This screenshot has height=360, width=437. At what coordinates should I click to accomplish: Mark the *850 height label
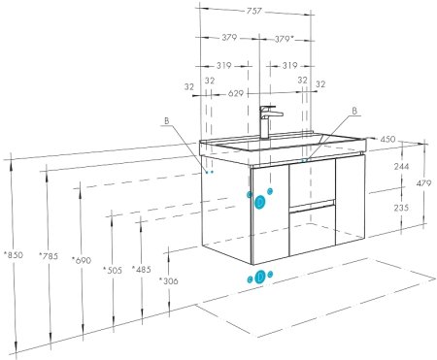[x=13, y=255]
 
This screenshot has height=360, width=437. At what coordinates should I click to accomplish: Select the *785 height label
[x=48, y=256]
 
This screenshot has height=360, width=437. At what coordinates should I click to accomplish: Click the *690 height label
[x=82, y=262]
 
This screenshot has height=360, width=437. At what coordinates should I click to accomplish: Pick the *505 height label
[x=113, y=268]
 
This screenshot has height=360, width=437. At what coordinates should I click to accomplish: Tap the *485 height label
[x=143, y=269]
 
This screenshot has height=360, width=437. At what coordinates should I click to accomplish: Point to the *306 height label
[x=170, y=280]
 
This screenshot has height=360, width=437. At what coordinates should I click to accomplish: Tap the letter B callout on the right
[x=353, y=111]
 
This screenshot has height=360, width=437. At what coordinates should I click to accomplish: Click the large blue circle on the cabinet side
[x=259, y=202]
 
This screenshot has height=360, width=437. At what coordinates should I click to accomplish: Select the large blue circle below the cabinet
[x=259, y=277]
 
